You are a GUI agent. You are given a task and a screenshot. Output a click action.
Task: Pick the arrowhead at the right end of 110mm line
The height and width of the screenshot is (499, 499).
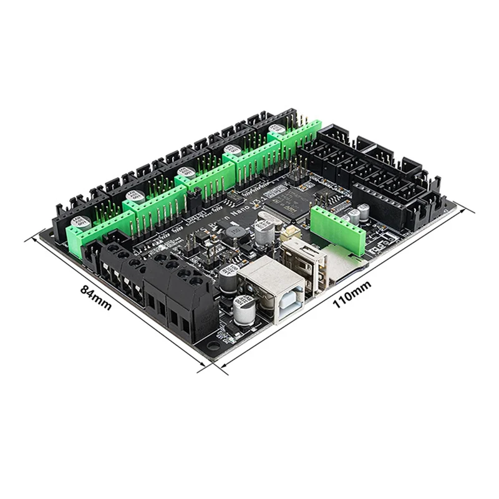pos(472,211)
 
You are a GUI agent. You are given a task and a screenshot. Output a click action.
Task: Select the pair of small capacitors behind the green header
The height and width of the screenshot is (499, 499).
pos(358,215)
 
